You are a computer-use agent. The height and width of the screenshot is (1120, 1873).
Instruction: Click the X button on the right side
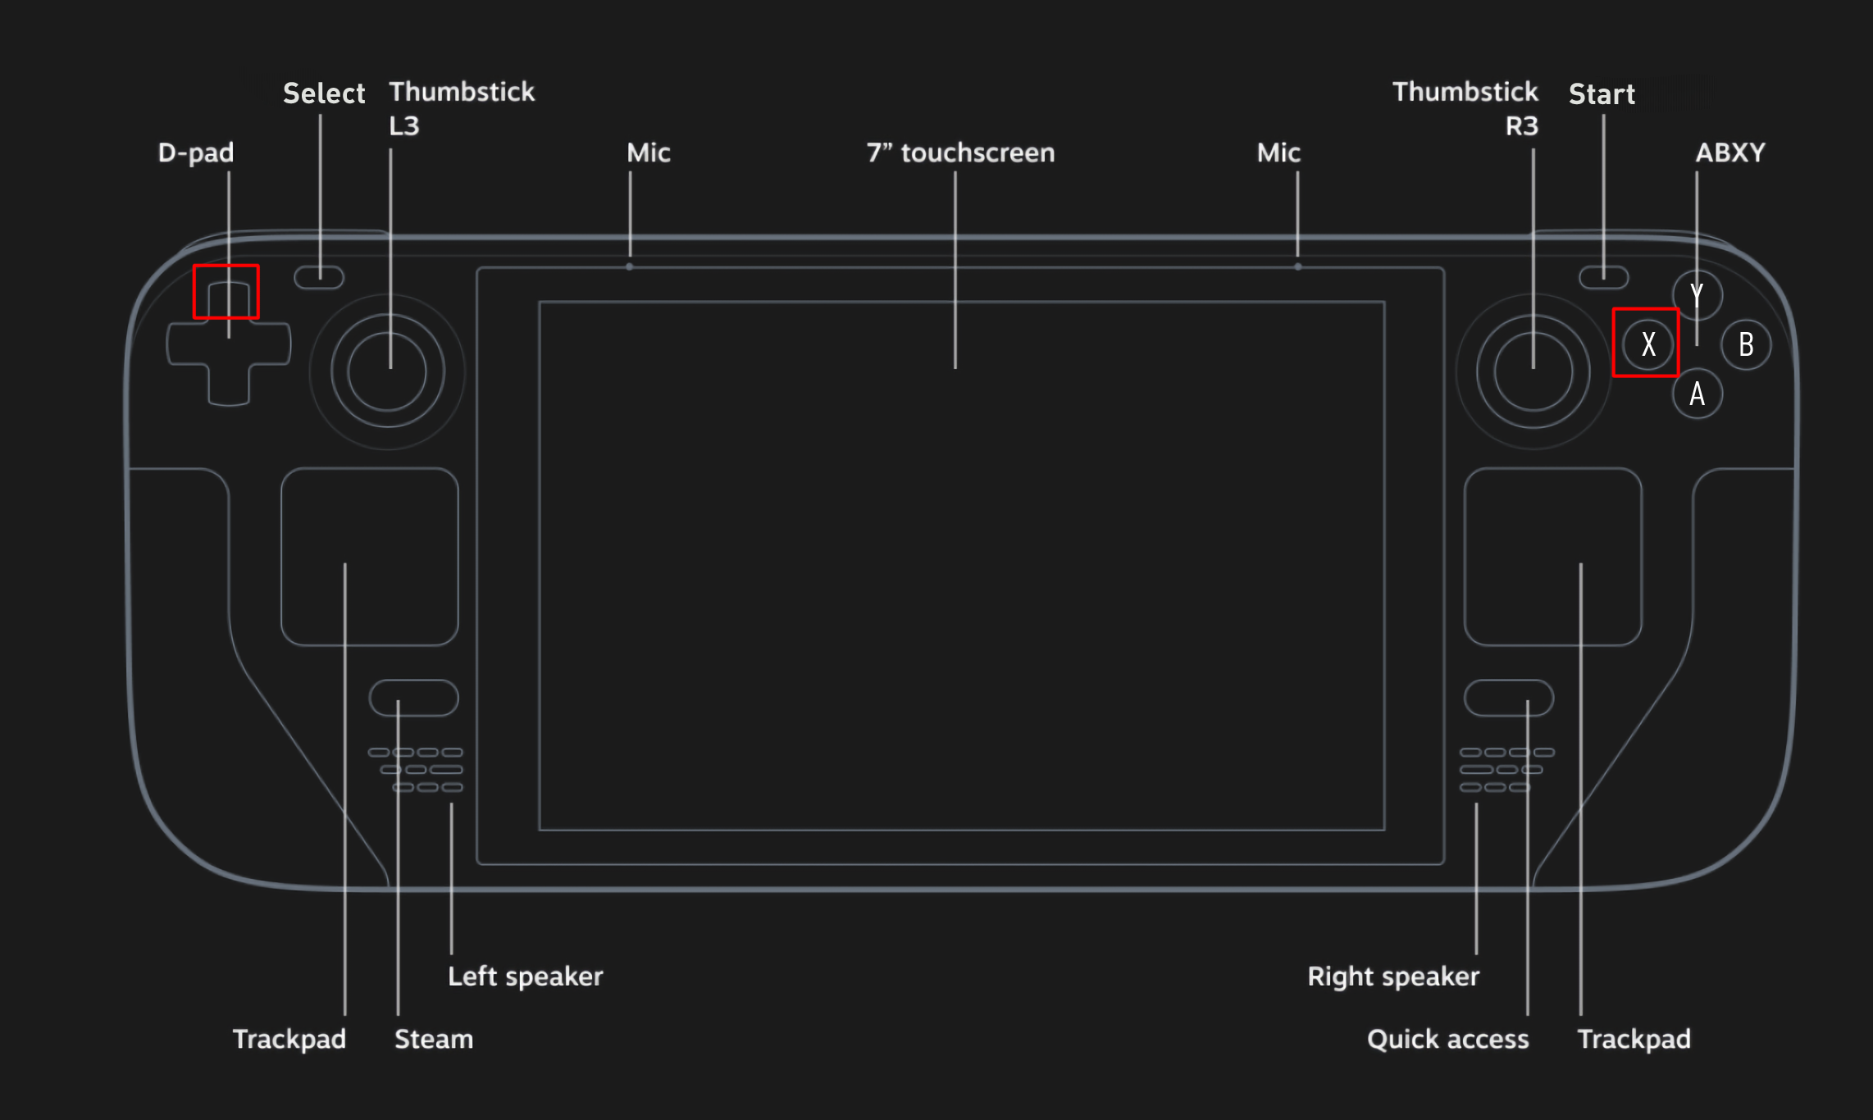click(x=1647, y=344)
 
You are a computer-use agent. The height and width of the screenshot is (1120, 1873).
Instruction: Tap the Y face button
click(x=1697, y=295)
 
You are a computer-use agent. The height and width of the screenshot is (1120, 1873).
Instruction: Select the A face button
click(x=1697, y=394)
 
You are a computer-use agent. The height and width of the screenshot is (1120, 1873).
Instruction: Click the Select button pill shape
click(x=319, y=277)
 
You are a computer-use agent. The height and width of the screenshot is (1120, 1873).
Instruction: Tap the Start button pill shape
click(x=1604, y=277)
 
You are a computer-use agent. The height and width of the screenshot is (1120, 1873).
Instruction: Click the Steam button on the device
click(x=414, y=698)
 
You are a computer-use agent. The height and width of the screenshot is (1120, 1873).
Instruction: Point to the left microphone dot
click(x=630, y=266)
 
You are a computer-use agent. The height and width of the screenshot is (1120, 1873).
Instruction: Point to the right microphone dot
click(x=1297, y=266)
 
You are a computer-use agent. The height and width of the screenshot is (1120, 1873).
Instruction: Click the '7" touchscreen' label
click(x=960, y=153)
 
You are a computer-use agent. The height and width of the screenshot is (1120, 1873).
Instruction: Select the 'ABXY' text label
click(x=1730, y=153)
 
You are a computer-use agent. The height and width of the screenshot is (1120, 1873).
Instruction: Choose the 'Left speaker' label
click(x=525, y=977)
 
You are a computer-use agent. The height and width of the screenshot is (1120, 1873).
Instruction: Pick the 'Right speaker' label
click(x=1393, y=977)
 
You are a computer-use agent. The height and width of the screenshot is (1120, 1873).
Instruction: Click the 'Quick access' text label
click(x=1447, y=1039)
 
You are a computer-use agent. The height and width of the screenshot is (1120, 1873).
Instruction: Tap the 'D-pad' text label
click(x=196, y=153)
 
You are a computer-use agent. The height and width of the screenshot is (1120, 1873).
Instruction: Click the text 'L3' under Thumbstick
click(x=403, y=126)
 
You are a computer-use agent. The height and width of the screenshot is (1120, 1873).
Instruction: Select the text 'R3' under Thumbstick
click(x=1522, y=126)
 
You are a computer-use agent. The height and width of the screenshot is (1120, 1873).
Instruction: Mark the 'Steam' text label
click(x=434, y=1039)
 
